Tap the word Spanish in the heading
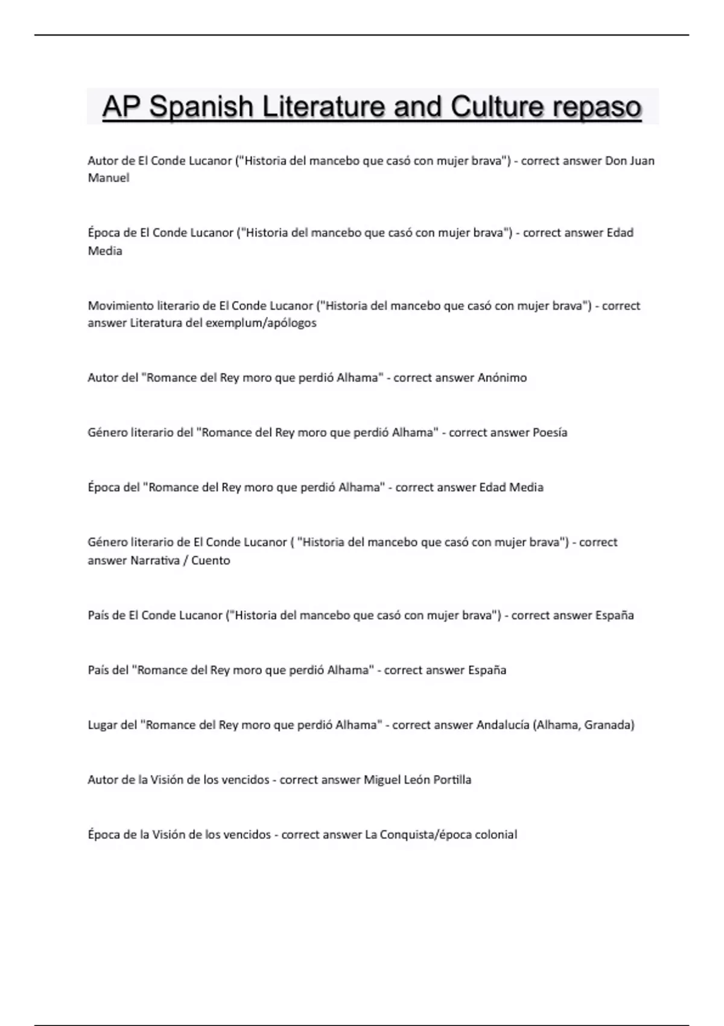[x=201, y=107]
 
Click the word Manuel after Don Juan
[x=109, y=178]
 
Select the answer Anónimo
[x=502, y=378]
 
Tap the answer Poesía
[x=550, y=433]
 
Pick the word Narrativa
[x=155, y=561]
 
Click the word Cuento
[x=211, y=561]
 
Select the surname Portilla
[x=452, y=780]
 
